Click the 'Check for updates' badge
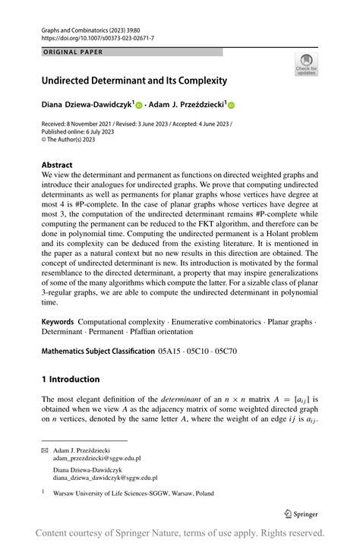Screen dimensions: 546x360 click(306, 64)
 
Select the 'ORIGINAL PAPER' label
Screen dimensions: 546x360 click(73, 52)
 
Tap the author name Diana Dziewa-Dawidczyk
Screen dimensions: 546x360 click(87, 106)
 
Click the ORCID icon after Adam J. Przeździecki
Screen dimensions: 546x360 click(232, 106)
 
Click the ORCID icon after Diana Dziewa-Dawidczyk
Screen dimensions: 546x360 click(140, 106)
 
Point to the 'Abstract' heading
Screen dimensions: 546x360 click(57, 164)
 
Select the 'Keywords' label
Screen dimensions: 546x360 click(58, 322)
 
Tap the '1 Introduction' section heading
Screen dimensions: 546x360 click(71, 379)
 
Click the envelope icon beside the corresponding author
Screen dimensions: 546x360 click(44, 450)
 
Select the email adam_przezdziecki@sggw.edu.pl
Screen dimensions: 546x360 click(96, 459)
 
